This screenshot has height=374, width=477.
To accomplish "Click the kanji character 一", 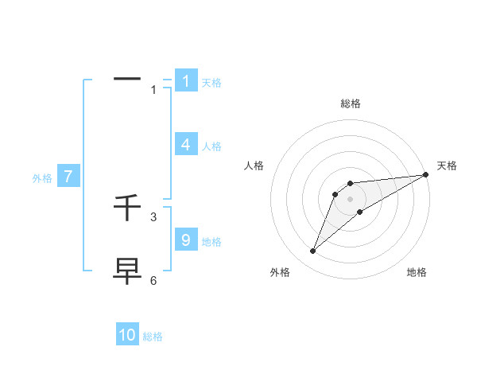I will click(x=127, y=80).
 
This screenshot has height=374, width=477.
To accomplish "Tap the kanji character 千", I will click(x=127, y=208).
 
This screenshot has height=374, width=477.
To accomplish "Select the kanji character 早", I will click(x=127, y=271).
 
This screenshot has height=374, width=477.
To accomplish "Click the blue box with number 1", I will click(x=186, y=81).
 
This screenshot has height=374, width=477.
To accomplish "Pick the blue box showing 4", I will click(x=186, y=145).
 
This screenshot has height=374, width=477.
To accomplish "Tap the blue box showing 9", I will click(x=186, y=240).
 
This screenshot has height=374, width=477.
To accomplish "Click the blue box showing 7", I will click(x=68, y=177).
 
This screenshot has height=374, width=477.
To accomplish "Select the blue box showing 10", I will click(x=127, y=335).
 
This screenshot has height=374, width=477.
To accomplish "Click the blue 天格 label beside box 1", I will click(x=211, y=83).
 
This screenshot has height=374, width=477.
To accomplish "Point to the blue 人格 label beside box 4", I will click(x=211, y=146).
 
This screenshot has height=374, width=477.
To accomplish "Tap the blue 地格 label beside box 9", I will click(x=211, y=242).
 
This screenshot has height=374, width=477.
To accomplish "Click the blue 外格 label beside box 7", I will click(x=42, y=179).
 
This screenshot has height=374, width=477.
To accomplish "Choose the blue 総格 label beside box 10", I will click(x=153, y=337).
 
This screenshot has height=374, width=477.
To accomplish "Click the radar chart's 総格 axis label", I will click(x=351, y=103).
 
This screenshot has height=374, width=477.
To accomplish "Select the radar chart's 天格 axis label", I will click(x=447, y=166).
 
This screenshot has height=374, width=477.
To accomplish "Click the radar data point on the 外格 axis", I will click(x=313, y=251).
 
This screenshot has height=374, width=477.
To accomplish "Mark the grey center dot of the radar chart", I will click(x=351, y=199).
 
